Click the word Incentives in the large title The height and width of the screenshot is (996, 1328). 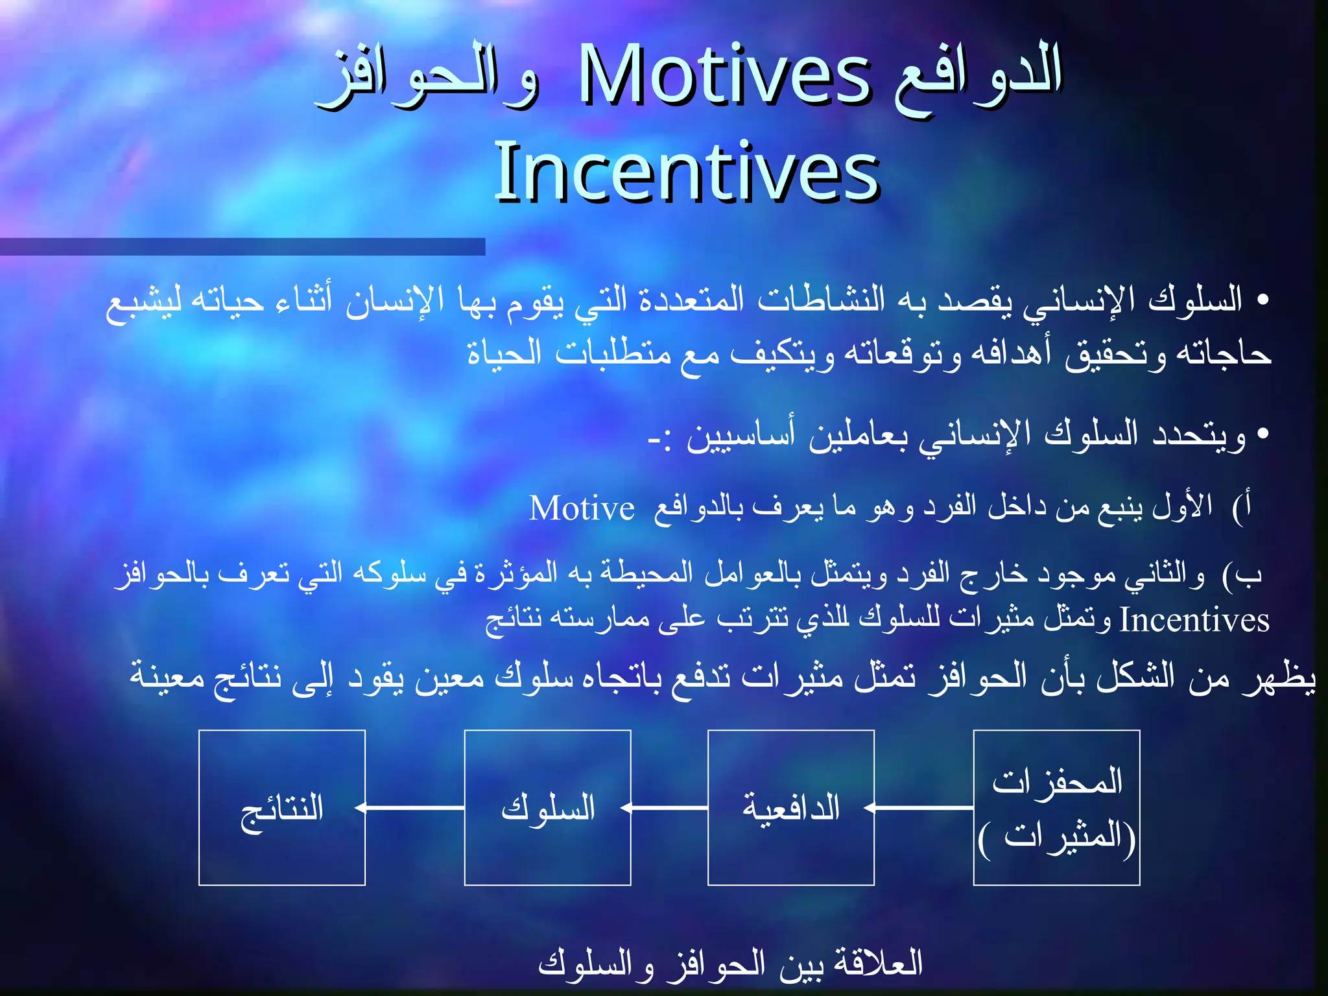(x=686, y=172)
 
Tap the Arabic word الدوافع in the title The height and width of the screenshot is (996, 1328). (x=977, y=77)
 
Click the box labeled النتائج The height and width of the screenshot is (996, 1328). (x=282, y=808)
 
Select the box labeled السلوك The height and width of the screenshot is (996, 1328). (x=547, y=808)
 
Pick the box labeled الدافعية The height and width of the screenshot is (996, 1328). (x=791, y=808)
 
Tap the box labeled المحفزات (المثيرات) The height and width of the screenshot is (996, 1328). (x=1056, y=808)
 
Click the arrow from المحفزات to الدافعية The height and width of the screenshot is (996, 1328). (x=921, y=808)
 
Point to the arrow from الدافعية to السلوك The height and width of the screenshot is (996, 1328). (x=668, y=808)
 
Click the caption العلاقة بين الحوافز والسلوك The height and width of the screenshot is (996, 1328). (x=730, y=964)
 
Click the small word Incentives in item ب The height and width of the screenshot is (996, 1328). (x=1194, y=621)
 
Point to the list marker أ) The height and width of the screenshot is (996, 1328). (x=1242, y=507)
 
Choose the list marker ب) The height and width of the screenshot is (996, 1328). (x=1242, y=575)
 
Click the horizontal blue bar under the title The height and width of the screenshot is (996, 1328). (x=243, y=247)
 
